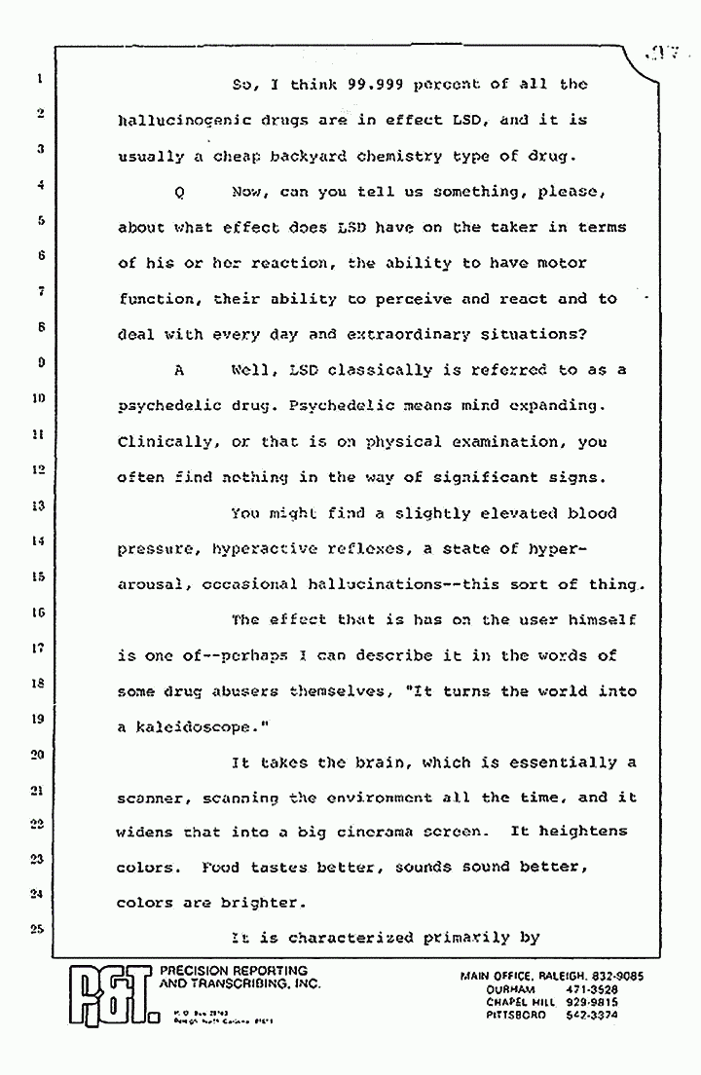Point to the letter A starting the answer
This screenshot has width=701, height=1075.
(179, 371)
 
